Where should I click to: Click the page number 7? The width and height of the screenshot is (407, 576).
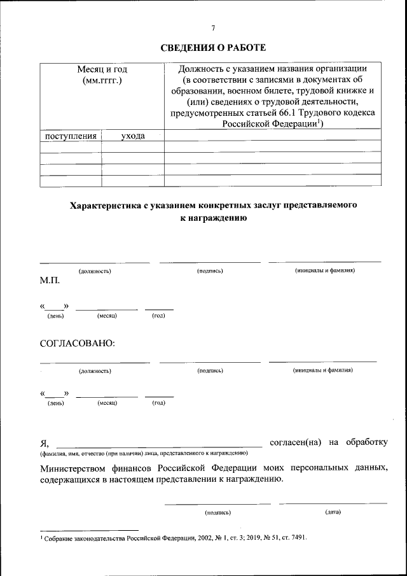pos(213,27)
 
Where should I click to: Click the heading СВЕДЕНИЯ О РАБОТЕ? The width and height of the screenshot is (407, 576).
pos(213,48)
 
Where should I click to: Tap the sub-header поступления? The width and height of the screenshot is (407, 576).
pos(71,136)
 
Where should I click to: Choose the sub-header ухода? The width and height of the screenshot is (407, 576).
pos(133,136)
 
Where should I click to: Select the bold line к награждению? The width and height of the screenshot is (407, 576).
pos(213,217)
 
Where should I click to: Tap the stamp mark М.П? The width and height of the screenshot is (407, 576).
pos(50,280)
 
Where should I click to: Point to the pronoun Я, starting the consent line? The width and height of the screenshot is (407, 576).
pos(44,442)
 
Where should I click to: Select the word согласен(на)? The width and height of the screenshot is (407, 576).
pos(296,442)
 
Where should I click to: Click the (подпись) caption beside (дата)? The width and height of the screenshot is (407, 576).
pos(217,512)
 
